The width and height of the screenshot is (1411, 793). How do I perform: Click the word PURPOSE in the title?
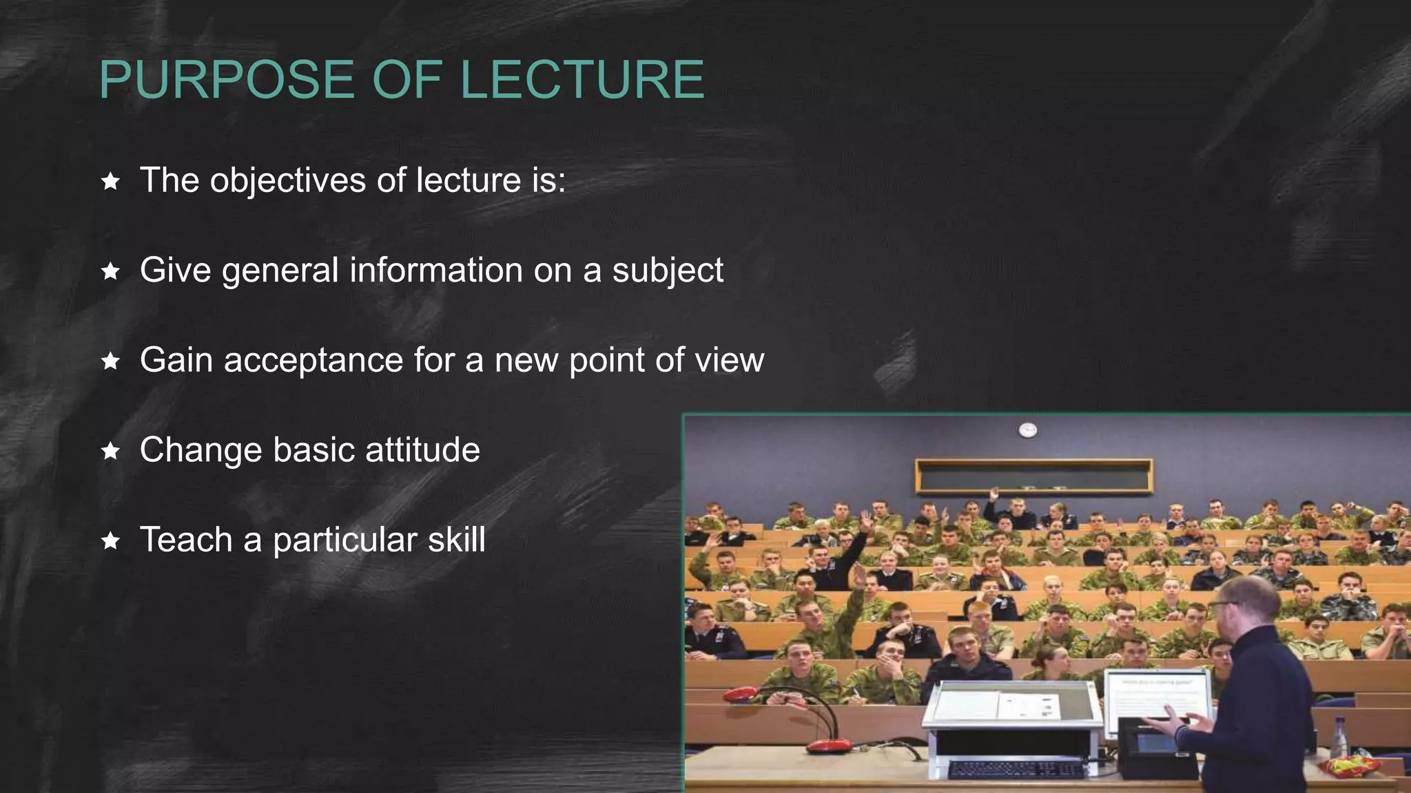tap(228, 80)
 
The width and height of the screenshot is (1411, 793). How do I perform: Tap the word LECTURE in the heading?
tap(581, 80)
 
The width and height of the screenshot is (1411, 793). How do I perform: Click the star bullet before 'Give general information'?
tap(110, 271)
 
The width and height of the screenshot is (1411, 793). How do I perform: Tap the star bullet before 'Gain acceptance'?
tap(110, 361)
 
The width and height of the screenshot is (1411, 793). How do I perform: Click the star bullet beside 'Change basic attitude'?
tap(110, 451)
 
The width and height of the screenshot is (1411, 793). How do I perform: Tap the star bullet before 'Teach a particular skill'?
tap(110, 541)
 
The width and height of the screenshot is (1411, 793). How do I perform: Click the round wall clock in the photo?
tap(1028, 430)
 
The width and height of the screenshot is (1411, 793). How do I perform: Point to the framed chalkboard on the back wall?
tap(1033, 476)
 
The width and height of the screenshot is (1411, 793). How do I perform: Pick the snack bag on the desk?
tap(1348, 765)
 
